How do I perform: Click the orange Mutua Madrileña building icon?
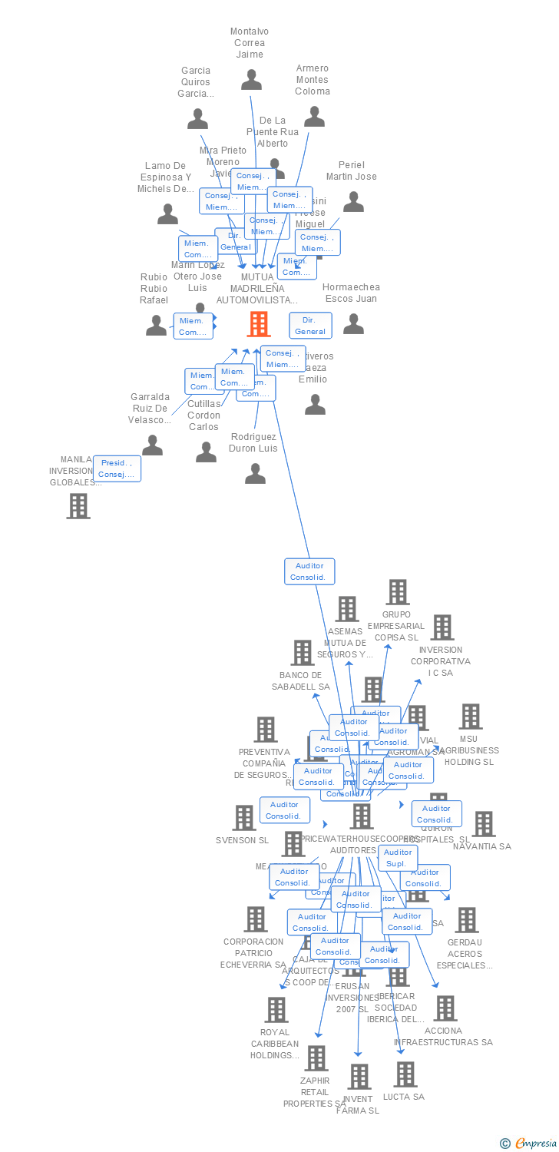pyautogui.click(x=259, y=324)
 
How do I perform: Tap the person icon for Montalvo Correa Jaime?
pyautogui.click(x=251, y=80)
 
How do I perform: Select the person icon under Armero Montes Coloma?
pyautogui.click(x=314, y=116)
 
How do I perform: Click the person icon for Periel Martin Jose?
pyautogui.click(x=353, y=201)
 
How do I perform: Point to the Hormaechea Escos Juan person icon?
pyautogui.click(x=353, y=324)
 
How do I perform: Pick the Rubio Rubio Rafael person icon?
pyautogui.click(x=156, y=325)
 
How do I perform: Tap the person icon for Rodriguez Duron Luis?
pyautogui.click(x=255, y=473)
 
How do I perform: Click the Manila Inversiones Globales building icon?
pyautogui.click(x=78, y=506)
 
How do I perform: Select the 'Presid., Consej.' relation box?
pyautogui.click(x=117, y=468)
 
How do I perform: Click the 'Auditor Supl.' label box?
pyautogui.click(x=397, y=858)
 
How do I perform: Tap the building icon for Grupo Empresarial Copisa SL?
pyautogui.click(x=398, y=592)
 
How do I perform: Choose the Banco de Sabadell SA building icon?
pyautogui.click(x=303, y=653)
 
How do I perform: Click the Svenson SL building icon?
pyautogui.click(x=244, y=818)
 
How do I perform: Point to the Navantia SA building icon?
pyautogui.click(x=483, y=824)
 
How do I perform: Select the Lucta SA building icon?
pyautogui.click(x=405, y=1074)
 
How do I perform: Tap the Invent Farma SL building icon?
pyautogui.click(x=359, y=1077)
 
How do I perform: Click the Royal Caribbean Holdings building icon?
pyautogui.click(x=276, y=1010)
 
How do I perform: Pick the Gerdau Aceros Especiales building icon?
pyautogui.click(x=466, y=919)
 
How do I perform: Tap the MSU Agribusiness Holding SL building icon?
pyautogui.click(x=470, y=717)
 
